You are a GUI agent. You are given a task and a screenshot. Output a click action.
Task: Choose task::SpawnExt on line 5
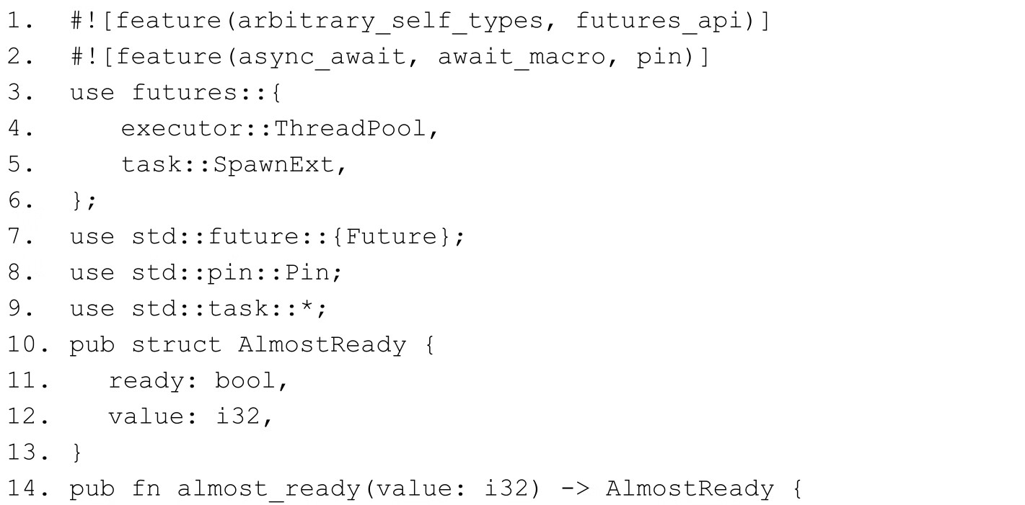(229, 164)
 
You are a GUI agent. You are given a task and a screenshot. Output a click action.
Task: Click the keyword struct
(176, 344)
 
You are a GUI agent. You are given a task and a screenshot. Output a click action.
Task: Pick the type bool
(245, 380)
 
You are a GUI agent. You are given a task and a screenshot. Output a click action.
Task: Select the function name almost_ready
(268, 488)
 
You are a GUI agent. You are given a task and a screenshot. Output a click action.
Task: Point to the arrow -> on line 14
(574, 488)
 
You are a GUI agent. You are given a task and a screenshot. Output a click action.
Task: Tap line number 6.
(19, 200)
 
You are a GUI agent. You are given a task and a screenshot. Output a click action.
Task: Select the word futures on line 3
(185, 92)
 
